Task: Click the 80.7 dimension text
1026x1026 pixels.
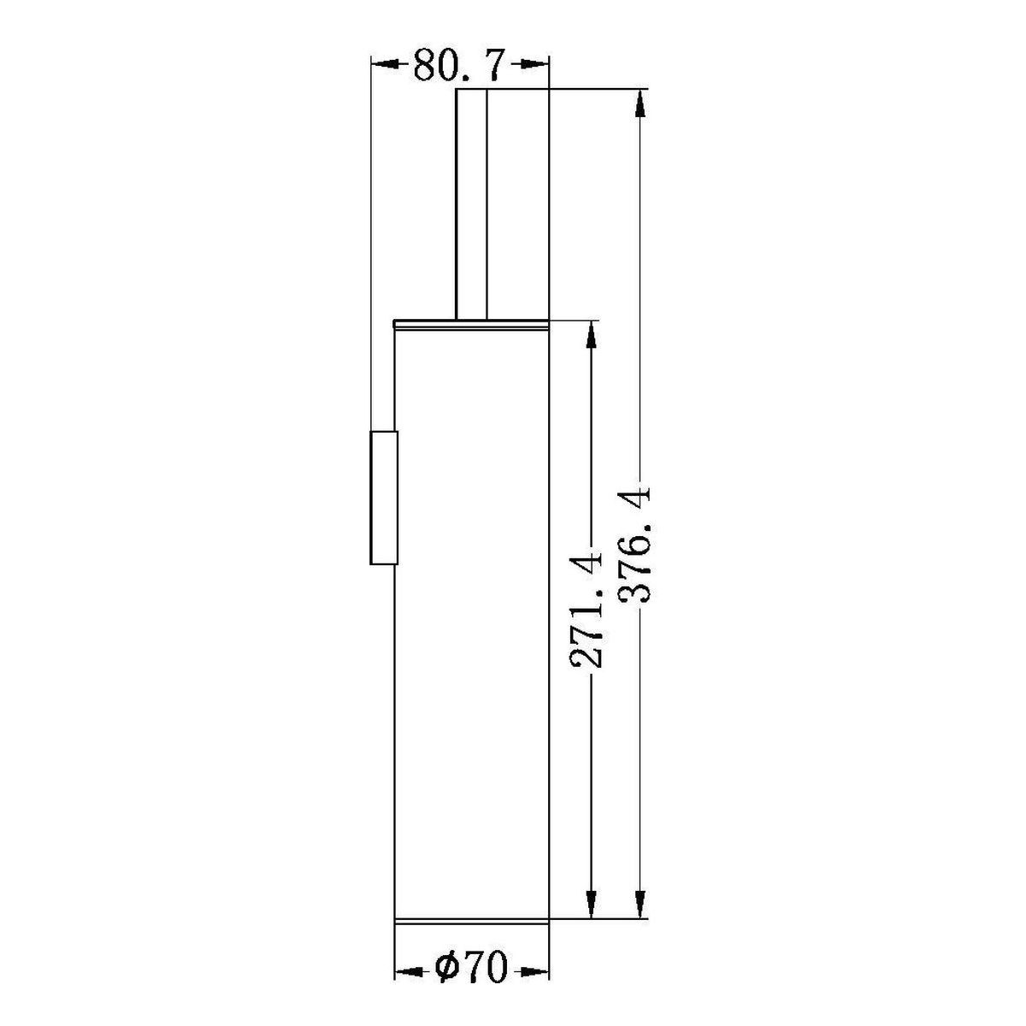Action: [458, 65]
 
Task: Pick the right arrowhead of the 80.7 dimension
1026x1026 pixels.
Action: [534, 64]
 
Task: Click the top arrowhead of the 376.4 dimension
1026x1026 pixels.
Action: [640, 103]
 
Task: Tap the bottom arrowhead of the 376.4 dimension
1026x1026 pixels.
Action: [640, 904]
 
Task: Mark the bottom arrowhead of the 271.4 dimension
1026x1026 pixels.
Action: [591, 904]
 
